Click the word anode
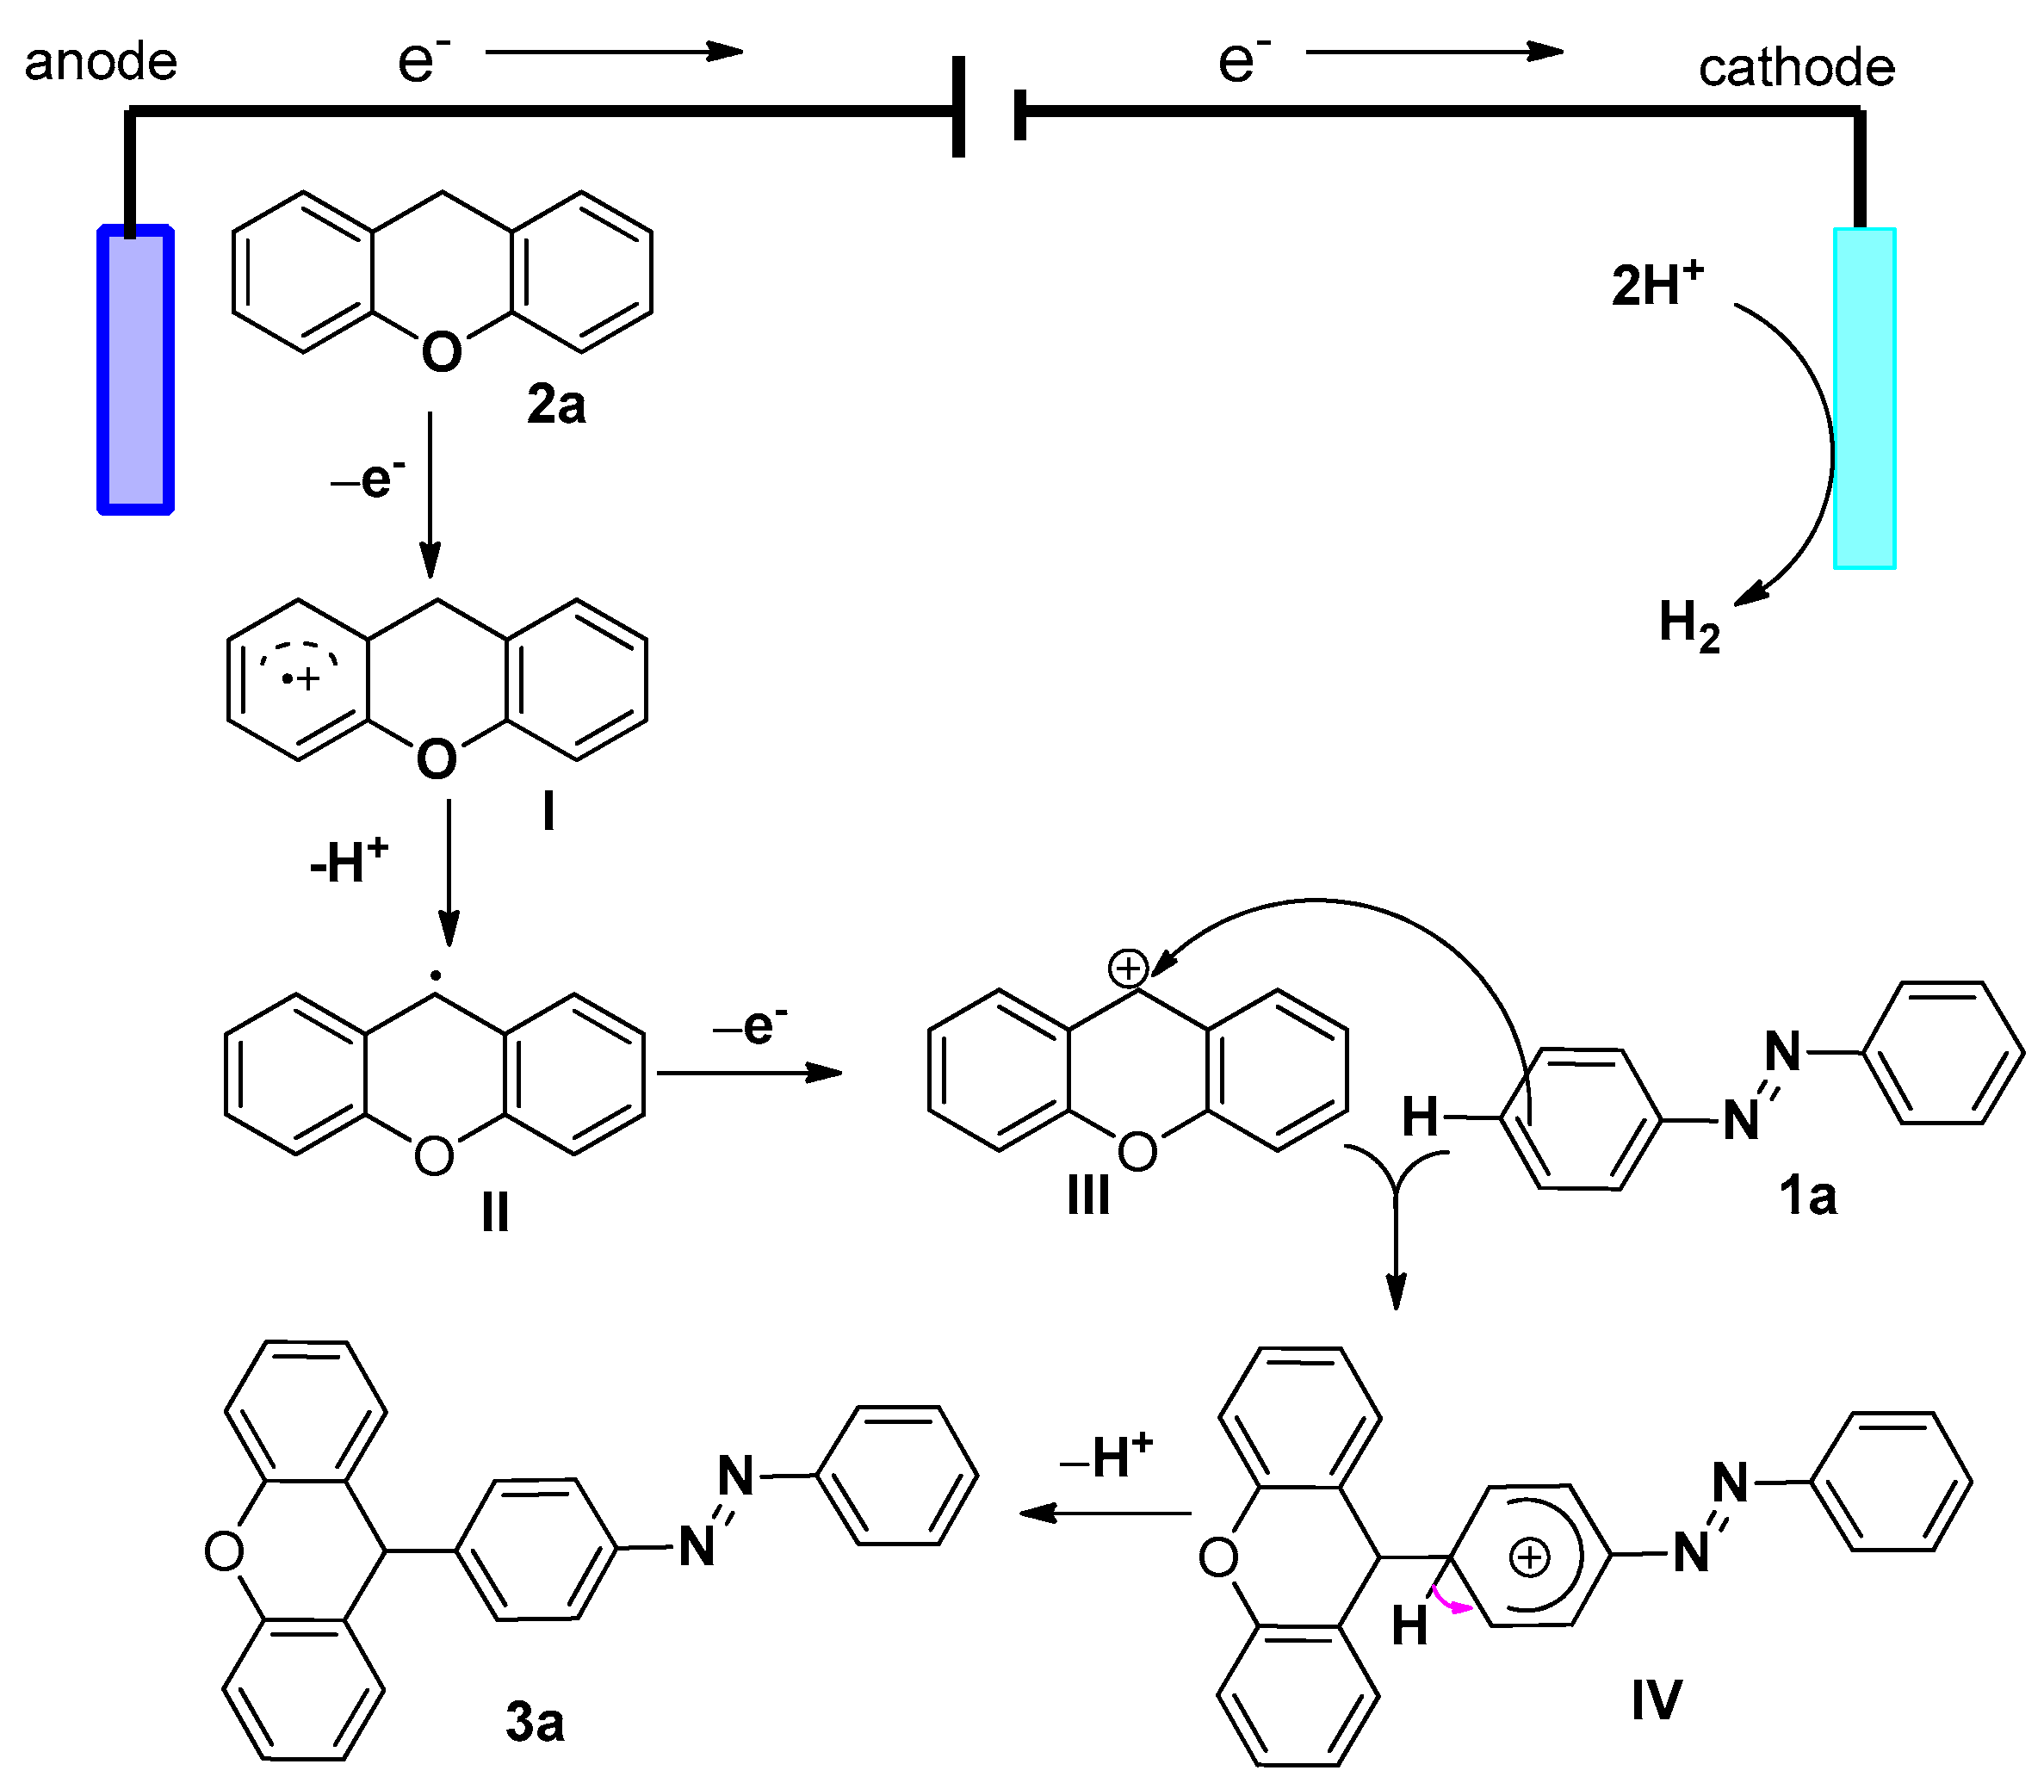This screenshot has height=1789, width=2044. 101,62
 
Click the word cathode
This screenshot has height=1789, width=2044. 1795,68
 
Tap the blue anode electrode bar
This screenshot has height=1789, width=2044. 136,370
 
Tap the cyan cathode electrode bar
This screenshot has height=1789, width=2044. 1864,399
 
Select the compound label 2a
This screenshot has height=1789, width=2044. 556,405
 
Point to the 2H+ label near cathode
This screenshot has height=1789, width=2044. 1657,284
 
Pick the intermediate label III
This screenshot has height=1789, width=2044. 1087,1195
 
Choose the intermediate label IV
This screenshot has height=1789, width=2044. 1656,1700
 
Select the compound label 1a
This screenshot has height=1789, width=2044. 1807,1196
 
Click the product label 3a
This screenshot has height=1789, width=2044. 534,1723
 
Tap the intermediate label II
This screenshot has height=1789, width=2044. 495,1214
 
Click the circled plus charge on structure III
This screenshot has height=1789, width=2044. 1129,968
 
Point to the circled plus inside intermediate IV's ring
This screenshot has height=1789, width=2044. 1529,1558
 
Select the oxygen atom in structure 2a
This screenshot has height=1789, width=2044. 442,351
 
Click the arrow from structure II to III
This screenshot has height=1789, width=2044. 749,1074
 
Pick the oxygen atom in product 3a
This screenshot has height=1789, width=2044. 224,1551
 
